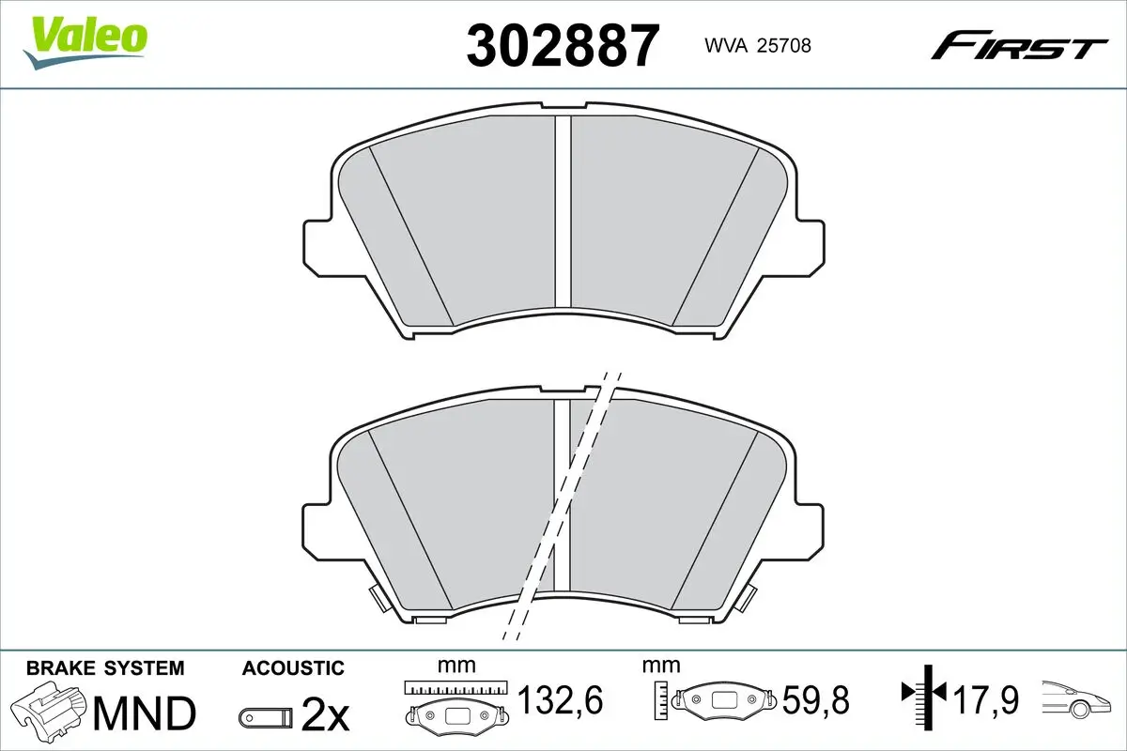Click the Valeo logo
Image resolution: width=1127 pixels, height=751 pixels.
pyautogui.click(x=85, y=42)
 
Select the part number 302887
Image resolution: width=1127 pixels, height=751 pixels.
pyautogui.click(x=563, y=46)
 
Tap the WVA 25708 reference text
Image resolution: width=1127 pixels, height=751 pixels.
pyautogui.click(x=758, y=46)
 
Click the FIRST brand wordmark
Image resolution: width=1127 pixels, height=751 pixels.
pyautogui.click(x=1019, y=52)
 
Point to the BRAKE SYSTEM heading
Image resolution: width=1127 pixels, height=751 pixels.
pyautogui.click(x=105, y=668)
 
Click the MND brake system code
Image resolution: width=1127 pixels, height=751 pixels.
pyautogui.click(x=145, y=713)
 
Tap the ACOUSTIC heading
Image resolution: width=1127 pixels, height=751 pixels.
pyautogui.click(x=293, y=668)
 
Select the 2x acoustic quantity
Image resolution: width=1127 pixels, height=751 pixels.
pyautogui.click(x=325, y=716)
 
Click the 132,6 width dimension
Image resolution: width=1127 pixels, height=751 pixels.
pyautogui.click(x=560, y=699)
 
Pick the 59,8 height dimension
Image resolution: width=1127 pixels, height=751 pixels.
pyautogui.click(x=816, y=699)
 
